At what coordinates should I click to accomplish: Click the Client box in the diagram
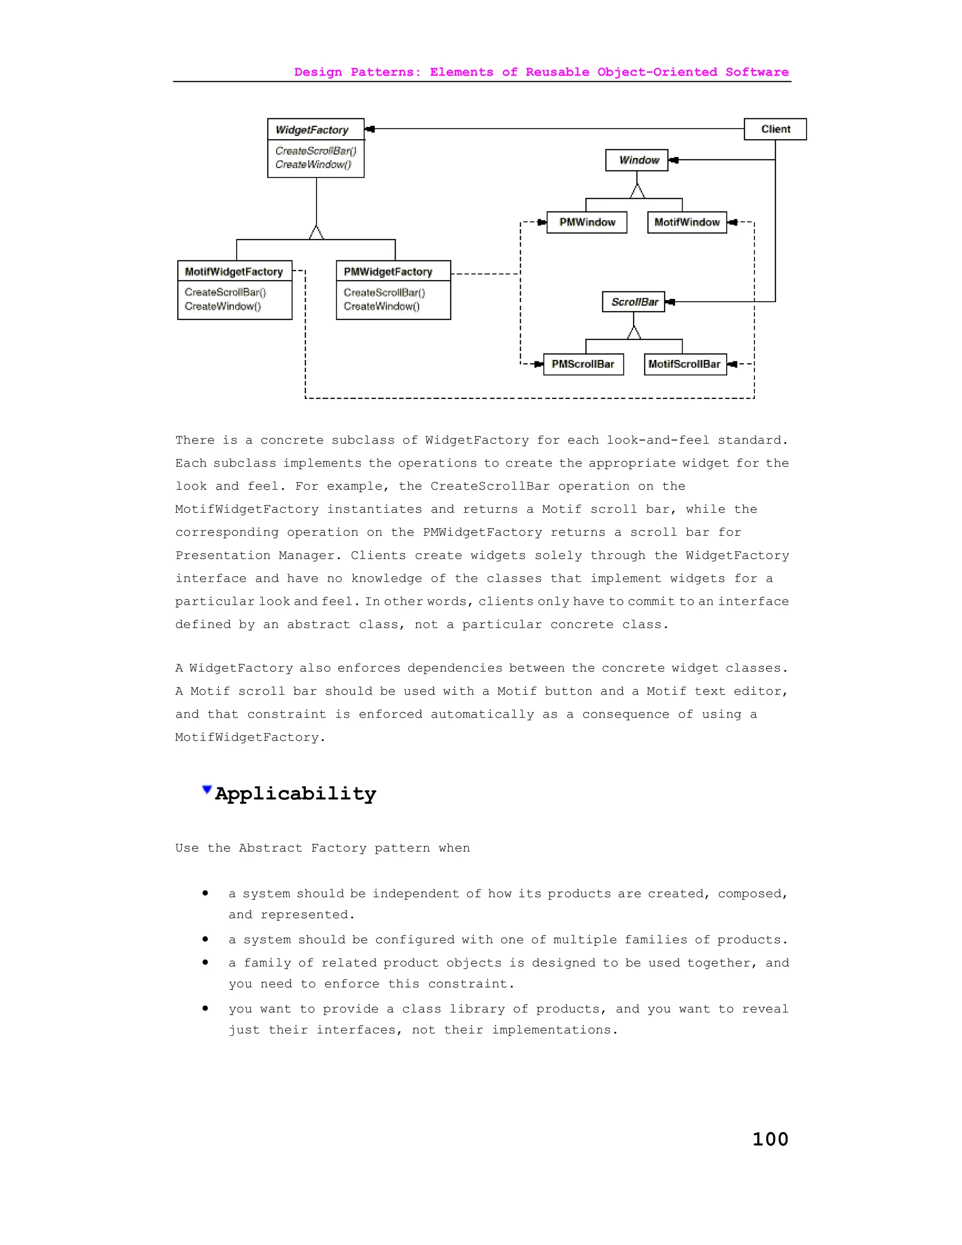click(775, 129)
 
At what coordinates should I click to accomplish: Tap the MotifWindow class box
click(687, 222)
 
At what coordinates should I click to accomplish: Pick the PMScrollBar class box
click(583, 364)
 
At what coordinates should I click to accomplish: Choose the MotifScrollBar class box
click(685, 364)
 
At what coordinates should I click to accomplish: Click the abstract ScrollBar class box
click(634, 302)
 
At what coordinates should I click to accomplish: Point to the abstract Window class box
click(636, 160)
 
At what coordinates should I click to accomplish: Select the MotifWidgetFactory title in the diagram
click(233, 272)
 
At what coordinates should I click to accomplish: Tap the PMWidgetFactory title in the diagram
click(388, 272)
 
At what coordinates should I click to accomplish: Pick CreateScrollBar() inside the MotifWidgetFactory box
click(225, 292)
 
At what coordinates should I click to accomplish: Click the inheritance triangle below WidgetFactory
click(316, 233)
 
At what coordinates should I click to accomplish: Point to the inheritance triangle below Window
click(637, 192)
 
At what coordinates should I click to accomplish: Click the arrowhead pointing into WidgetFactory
click(370, 129)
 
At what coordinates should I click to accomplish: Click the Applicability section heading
click(295, 794)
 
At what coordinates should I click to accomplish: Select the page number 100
click(770, 1139)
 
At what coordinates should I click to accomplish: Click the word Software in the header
click(757, 72)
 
